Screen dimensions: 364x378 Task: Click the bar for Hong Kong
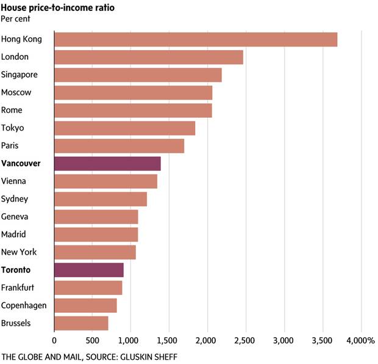point(196,40)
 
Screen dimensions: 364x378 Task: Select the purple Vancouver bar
point(107,164)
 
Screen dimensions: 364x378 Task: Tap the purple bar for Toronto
point(89,270)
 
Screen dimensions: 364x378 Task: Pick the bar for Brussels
point(81,323)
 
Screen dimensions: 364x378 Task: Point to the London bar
point(149,57)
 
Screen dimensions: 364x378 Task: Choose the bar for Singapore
point(138,75)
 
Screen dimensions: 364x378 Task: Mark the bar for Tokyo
point(125,128)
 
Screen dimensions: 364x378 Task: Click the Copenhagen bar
point(85,305)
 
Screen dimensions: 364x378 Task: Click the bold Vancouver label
point(21,164)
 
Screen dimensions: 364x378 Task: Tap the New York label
point(19,252)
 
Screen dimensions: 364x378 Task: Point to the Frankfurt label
point(19,288)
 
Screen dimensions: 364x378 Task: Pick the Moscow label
point(17,93)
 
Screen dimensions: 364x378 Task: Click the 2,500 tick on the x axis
point(246,340)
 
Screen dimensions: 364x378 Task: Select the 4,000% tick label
point(362,340)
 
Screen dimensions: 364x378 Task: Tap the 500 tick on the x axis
point(93,340)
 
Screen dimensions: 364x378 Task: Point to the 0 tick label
point(54,340)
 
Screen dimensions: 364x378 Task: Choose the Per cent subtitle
point(16,18)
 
